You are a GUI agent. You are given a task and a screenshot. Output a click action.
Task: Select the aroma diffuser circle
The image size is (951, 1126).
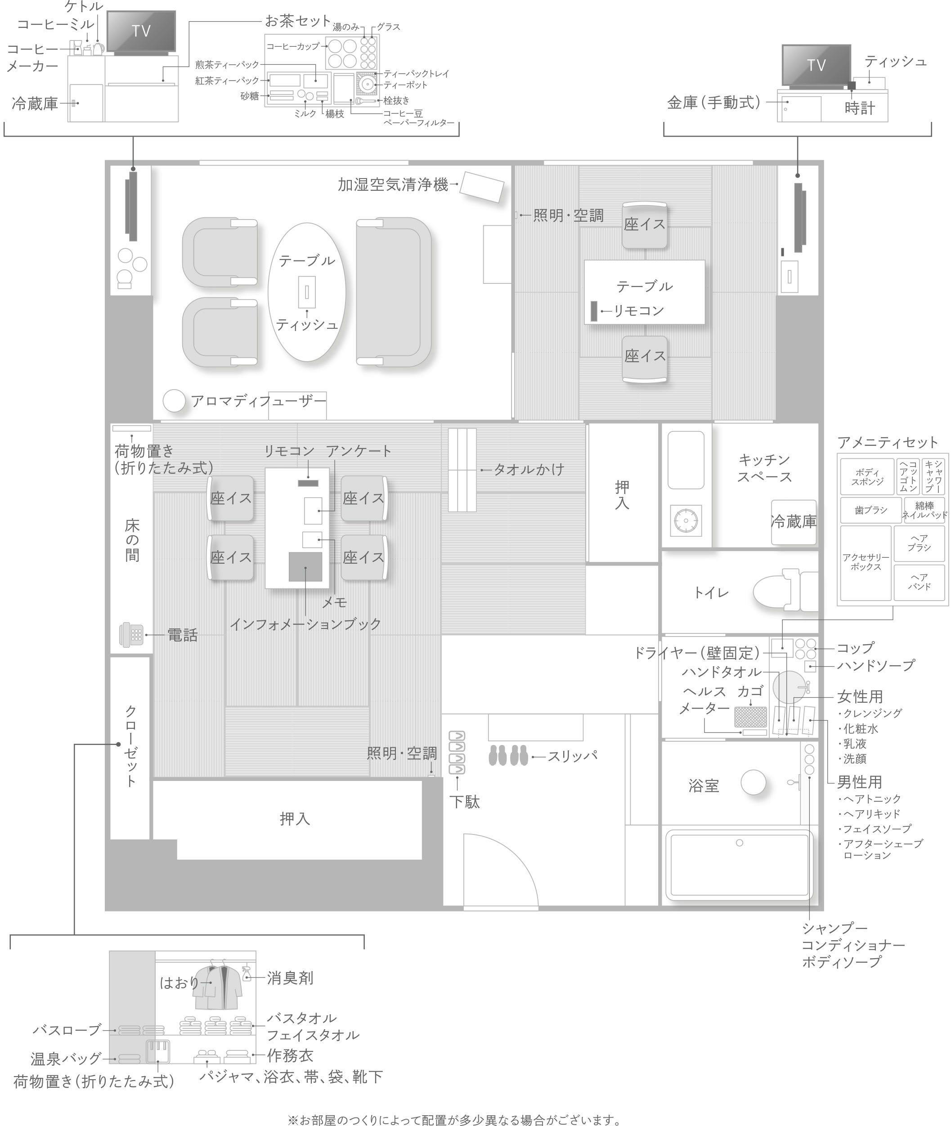[x=174, y=401]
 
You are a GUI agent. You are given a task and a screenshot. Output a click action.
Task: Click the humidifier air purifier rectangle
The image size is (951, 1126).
[x=481, y=187]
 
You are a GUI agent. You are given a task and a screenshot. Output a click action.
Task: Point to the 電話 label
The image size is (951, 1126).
[x=183, y=635]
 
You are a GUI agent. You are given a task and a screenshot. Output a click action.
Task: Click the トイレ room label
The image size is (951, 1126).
[x=711, y=593]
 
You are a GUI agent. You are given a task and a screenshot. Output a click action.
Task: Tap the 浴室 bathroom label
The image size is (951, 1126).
[x=704, y=785]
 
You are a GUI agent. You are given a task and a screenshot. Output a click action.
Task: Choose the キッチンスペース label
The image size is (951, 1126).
[x=764, y=468]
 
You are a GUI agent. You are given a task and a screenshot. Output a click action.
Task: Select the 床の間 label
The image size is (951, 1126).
[x=132, y=540]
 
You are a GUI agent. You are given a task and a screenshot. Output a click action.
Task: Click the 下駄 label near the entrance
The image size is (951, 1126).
[x=464, y=802]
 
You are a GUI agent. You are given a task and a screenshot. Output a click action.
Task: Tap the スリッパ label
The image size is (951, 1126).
[x=573, y=756]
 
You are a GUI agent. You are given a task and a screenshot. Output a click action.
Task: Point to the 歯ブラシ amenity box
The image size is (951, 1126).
[x=870, y=510]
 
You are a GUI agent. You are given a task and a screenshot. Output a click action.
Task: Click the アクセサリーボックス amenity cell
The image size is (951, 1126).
[x=866, y=563]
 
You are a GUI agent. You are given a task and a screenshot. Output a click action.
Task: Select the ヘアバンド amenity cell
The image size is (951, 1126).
[x=919, y=582]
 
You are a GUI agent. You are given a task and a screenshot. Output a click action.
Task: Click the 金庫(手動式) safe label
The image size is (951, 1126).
[x=713, y=103]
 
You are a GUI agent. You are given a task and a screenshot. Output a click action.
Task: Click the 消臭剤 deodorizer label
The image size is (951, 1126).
[x=290, y=977]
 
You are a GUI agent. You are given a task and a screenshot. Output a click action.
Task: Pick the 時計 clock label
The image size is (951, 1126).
[x=859, y=108]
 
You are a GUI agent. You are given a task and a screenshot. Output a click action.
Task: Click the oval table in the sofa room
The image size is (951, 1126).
[x=307, y=292]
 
